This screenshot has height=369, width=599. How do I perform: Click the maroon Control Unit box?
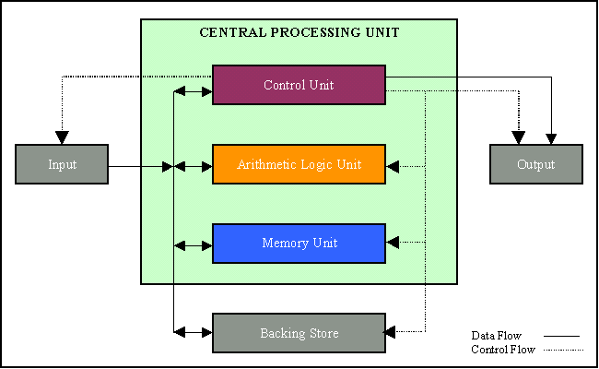[299, 85]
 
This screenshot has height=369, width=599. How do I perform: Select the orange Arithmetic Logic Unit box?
[299, 164]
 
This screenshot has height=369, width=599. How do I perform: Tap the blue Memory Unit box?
[299, 244]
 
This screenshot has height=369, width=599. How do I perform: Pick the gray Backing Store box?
[299, 332]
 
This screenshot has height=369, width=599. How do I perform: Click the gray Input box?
[62, 164]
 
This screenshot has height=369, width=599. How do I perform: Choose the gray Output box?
[535, 164]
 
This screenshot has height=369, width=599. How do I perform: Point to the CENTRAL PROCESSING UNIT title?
[299, 32]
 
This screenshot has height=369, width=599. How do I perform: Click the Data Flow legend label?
[497, 336]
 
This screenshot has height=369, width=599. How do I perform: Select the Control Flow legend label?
[502, 350]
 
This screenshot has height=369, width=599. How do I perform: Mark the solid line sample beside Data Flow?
[561, 337]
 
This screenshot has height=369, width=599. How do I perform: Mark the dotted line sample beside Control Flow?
[561, 351]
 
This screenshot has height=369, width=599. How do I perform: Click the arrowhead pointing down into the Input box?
[62, 138]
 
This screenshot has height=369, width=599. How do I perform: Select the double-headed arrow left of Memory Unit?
[194, 245]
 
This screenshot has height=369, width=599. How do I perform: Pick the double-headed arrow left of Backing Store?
[194, 330]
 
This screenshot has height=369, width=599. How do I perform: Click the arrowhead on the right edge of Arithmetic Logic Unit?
[393, 167]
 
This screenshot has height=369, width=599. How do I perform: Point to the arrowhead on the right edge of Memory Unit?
[393, 243]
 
